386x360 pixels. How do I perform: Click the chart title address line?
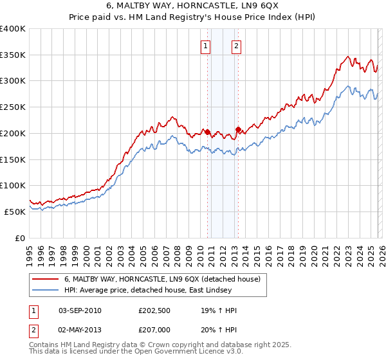[193, 6]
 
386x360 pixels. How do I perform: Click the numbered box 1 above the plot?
[205, 46]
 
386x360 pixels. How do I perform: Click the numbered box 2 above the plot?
[236, 46]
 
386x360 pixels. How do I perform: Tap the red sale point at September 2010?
[207, 132]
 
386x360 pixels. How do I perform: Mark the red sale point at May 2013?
[237, 130]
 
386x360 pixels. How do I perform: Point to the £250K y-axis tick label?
[13, 107]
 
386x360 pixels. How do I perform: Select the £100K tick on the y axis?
[13, 186]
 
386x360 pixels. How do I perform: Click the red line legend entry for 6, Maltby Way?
[161, 280]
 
